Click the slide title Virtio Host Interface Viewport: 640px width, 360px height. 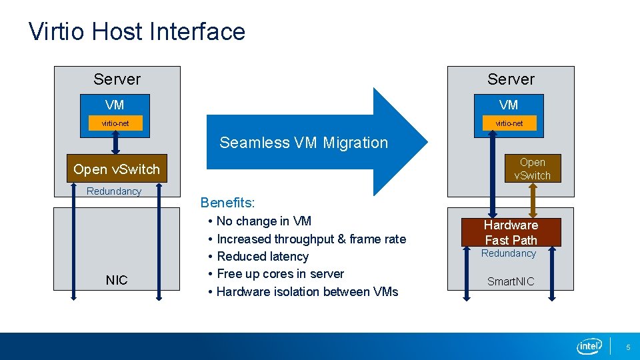pyautogui.click(x=137, y=31)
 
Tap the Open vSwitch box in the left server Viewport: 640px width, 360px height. pyautogui.click(x=117, y=169)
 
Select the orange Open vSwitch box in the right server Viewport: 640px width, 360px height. pyautogui.click(x=532, y=169)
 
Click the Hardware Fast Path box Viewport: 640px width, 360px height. pyautogui.click(x=511, y=232)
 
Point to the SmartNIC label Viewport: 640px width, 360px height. pyautogui.click(x=511, y=281)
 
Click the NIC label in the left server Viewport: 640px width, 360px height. pyautogui.click(x=117, y=280)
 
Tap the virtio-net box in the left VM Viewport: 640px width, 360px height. pyautogui.click(x=115, y=123)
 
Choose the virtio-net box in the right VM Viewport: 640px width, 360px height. pyautogui.click(x=509, y=123)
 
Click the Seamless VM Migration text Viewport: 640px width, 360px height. pyautogui.click(x=303, y=143)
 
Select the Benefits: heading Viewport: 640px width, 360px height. pyautogui.click(x=228, y=202)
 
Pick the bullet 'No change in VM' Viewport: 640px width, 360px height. pyautogui.click(x=264, y=221)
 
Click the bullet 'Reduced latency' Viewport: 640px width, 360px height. pyautogui.click(x=263, y=256)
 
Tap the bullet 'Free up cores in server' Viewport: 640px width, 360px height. pyautogui.click(x=280, y=273)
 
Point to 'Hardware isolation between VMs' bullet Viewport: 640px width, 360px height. pyautogui.click(x=307, y=291)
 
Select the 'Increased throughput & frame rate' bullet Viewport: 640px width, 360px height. pyautogui.click(x=311, y=239)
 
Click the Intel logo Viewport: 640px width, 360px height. pyautogui.click(x=589, y=345)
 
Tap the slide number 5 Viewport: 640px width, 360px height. pyautogui.click(x=627, y=347)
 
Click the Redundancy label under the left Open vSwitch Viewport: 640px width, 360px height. pyautogui.click(x=114, y=191)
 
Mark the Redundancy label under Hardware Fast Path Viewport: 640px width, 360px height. pyautogui.click(x=509, y=253)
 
